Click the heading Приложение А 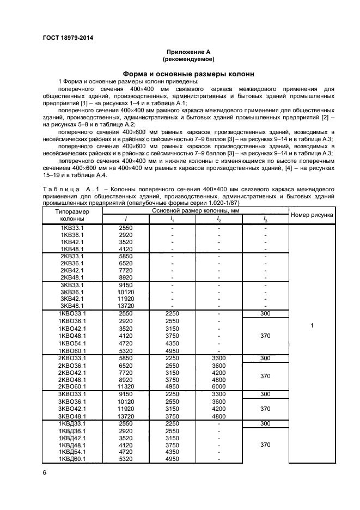188,51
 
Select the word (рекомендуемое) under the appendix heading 188,58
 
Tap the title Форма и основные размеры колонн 188,74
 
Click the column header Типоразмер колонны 72,215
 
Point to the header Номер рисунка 312,215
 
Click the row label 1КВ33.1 72,227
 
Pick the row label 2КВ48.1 72,277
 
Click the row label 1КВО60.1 72,350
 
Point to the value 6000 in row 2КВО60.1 218,387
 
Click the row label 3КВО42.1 72,409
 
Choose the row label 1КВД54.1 72,452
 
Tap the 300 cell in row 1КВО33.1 265,314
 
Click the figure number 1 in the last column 312,325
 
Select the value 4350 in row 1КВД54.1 172,452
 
